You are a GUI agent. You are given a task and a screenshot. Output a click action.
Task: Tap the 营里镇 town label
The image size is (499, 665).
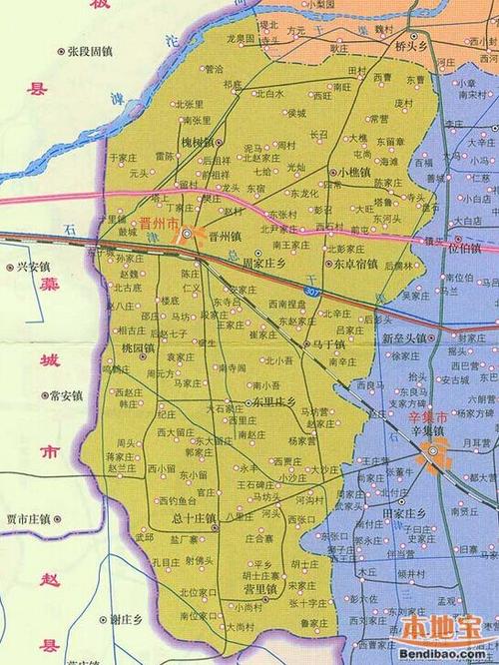[x=259, y=589]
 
